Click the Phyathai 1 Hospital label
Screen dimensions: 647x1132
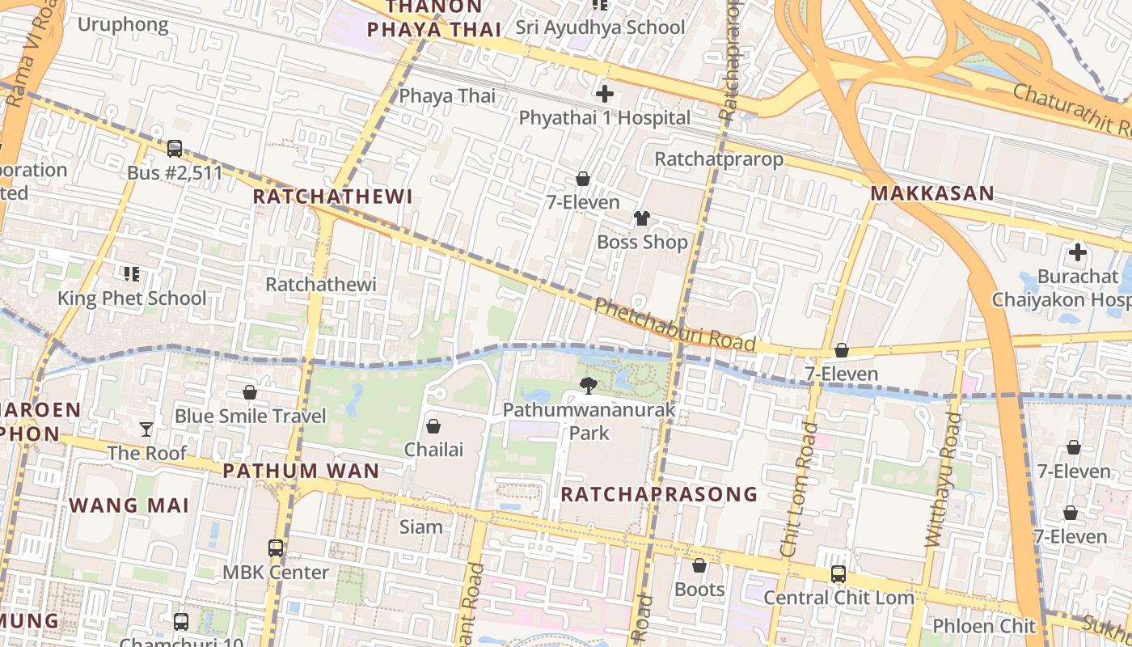click(x=605, y=118)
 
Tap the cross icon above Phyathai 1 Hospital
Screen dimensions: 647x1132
click(x=604, y=94)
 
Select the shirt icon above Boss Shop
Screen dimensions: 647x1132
click(x=642, y=218)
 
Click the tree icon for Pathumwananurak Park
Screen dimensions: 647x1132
click(x=589, y=386)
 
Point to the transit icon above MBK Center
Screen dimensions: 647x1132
click(x=276, y=548)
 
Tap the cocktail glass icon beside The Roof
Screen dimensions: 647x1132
click(x=146, y=429)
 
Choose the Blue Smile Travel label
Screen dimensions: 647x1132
click(x=251, y=417)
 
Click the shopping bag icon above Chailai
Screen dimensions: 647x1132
click(x=433, y=425)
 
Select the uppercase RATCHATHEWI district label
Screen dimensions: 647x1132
click(x=332, y=197)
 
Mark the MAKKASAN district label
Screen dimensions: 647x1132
click(x=932, y=194)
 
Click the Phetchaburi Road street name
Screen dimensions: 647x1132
click(x=675, y=325)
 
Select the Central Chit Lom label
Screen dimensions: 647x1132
click(x=838, y=598)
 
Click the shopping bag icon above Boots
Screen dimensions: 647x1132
click(x=699, y=565)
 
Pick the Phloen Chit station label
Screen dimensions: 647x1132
click(x=984, y=626)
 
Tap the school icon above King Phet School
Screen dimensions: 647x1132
click(x=131, y=274)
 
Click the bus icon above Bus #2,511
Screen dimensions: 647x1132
click(x=175, y=149)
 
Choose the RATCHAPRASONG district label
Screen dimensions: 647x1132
click(x=659, y=494)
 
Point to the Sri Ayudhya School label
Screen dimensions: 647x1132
click(x=601, y=27)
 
